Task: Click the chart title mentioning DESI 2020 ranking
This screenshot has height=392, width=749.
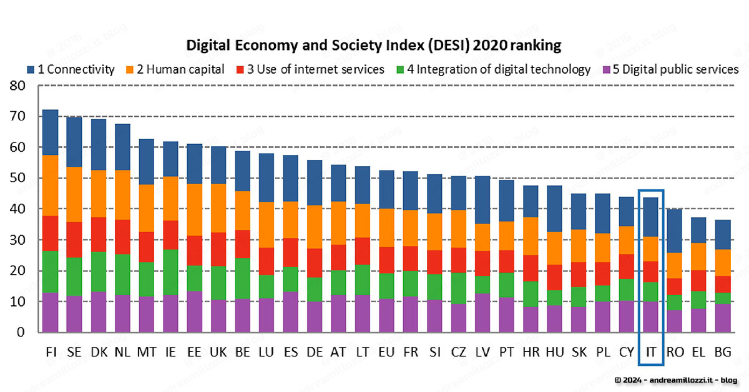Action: coord(374,46)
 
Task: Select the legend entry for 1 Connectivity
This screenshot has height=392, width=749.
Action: coord(71,69)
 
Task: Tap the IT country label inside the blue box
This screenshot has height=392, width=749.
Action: coord(651,352)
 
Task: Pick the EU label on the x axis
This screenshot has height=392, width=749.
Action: coord(386,352)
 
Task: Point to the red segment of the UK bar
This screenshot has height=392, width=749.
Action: coord(218,249)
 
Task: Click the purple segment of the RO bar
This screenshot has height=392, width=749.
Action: coord(675,321)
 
